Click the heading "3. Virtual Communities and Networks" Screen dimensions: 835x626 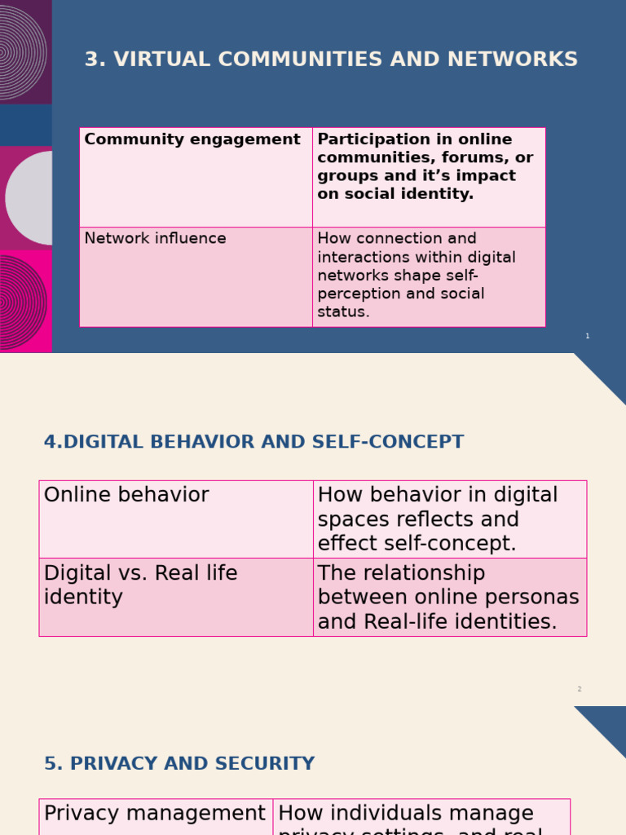[331, 60]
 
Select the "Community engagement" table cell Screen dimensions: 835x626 [192, 140]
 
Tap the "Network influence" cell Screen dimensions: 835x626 [156, 239]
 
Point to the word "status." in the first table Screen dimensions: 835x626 [343, 312]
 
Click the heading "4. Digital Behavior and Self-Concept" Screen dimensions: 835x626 [253, 443]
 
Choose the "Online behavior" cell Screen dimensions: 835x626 [126, 496]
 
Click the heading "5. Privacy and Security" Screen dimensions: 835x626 [179, 764]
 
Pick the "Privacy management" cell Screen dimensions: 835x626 [155, 814]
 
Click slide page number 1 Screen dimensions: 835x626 [587, 336]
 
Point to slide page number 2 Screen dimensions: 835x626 [580, 689]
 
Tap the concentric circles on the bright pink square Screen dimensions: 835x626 [23, 302]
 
